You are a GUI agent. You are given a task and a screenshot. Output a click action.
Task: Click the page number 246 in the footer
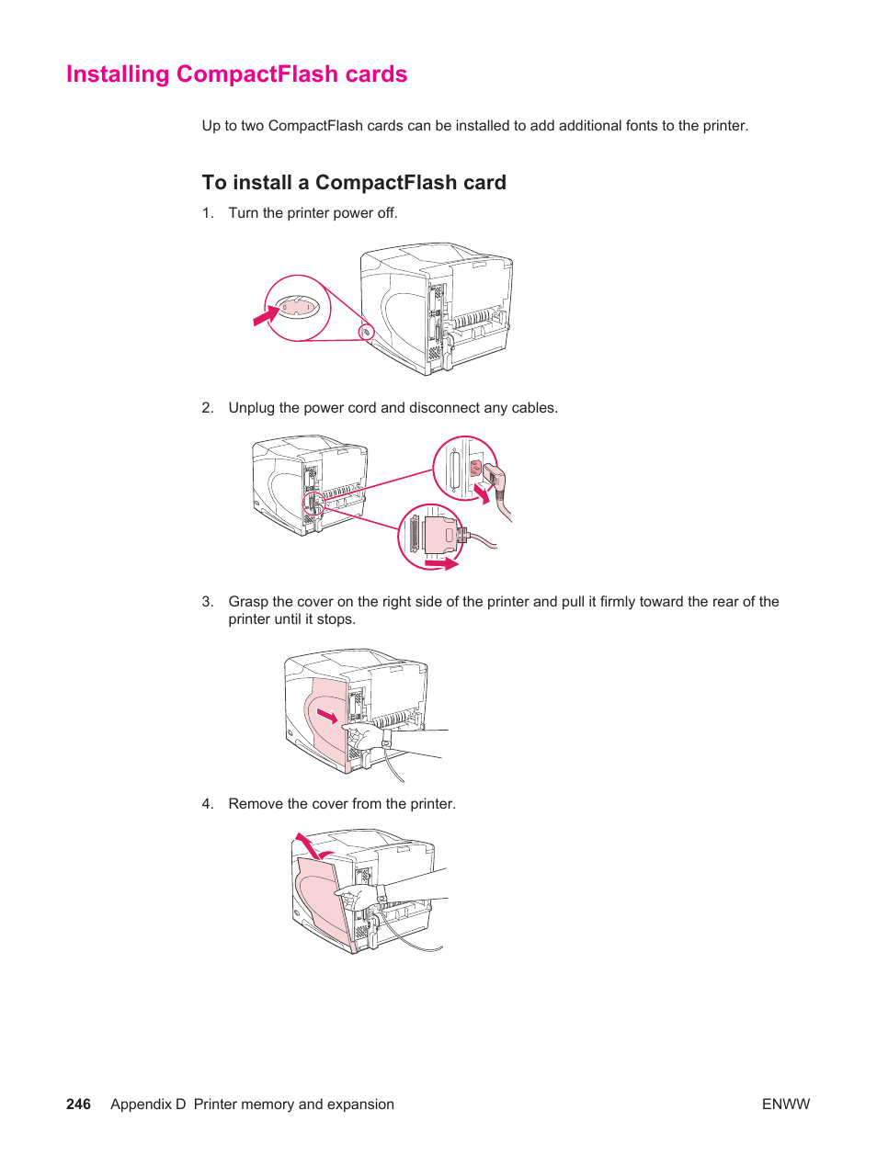click(x=78, y=1105)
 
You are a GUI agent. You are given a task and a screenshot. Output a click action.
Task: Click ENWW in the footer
click(x=786, y=1105)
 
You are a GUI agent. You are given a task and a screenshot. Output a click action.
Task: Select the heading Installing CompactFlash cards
click(x=236, y=74)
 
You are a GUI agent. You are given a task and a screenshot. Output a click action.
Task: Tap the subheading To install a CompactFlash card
click(x=354, y=183)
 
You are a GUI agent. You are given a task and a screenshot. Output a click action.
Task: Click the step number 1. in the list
click(x=208, y=213)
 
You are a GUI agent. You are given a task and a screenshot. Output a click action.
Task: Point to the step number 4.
click(x=208, y=804)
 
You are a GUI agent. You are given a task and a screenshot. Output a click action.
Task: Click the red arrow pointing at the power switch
click(x=266, y=316)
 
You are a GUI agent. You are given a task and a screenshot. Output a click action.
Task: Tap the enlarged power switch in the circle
click(x=298, y=307)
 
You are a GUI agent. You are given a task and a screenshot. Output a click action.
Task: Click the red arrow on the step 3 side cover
click(x=327, y=715)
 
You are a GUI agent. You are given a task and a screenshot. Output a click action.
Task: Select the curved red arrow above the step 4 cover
click(x=307, y=844)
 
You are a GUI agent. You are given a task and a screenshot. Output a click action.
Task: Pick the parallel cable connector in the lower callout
click(x=438, y=536)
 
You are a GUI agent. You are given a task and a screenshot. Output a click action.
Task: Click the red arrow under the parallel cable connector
click(x=441, y=563)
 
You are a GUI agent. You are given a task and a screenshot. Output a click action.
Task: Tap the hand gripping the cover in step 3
click(x=364, y=735)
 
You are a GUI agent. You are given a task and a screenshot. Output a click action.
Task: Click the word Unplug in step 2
click(x=251, y=408)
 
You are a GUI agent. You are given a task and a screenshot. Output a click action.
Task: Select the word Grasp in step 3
click(x=248, y=602)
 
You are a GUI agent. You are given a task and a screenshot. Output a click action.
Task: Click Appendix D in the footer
click(x=148, y=1105)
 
